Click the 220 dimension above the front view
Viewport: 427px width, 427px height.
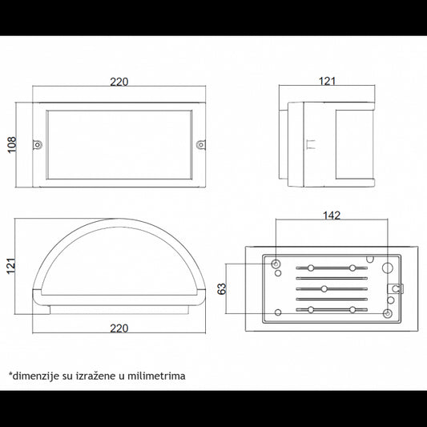pos(119,82)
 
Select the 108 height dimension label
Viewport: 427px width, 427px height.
pos(12,145)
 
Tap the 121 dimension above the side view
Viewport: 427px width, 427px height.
pos(327,81)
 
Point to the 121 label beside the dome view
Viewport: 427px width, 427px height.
pos(11,265)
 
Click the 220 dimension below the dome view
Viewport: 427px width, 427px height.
pos(119,328)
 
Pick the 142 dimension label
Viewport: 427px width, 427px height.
pos(332,216)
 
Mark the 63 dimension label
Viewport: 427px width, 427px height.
pos(222,288)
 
